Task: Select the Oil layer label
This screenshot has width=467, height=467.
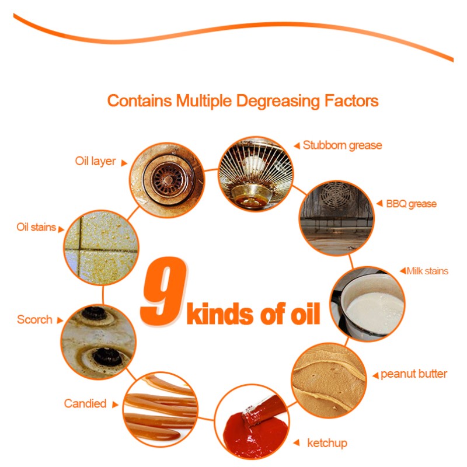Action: pos(96,161)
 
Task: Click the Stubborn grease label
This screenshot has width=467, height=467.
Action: pos(342,145)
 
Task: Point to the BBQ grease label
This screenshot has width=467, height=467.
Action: pos(411,204)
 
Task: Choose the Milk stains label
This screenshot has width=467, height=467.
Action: pos(427,271)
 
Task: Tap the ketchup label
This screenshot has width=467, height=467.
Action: pos(327,443)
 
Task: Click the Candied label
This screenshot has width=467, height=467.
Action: pos(85,403)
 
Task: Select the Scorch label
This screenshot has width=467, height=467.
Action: pos(34,319)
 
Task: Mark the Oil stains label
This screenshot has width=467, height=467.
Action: pos(36,227)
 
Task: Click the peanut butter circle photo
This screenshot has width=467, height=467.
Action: pos(329,380)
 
